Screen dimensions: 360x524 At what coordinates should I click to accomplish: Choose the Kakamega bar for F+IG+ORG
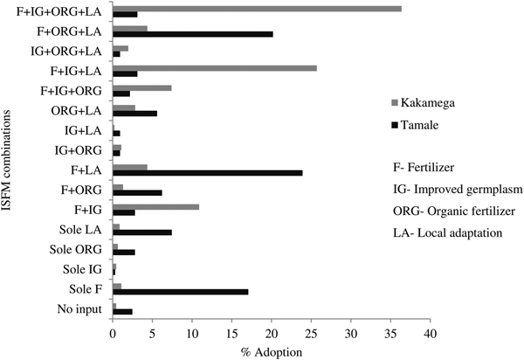[141, 87]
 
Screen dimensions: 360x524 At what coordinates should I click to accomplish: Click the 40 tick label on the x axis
[430, 334]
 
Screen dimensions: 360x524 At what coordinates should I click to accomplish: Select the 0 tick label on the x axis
[113, 334]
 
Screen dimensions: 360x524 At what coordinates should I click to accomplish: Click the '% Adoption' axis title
[272, 351]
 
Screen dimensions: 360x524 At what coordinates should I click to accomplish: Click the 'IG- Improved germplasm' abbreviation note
[452, 187]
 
